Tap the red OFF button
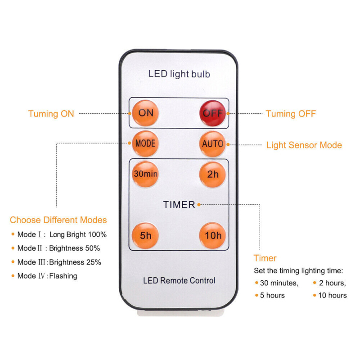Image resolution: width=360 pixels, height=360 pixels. pyautogui.click(x=212, y=112)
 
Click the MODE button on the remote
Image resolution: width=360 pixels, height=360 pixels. pyautogui.click(x=145, y=144)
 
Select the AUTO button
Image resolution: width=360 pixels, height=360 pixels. pyautogui.click(x=212, y=144)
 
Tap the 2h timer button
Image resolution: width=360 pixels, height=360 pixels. pyautogui.click(x=212, y=174)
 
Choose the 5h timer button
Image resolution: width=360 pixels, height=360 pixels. pyautogui.click(x=145, y=235)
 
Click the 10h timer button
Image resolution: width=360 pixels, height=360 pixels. pyautogui.click(x=212, y=235)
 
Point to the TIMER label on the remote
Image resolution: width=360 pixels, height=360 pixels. pyautogui.click(x=179, y=205)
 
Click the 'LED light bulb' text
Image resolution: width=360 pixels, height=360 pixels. pyautogui.click(x=179, y=74)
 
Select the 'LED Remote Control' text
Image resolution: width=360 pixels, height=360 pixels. pyautogui.click(x=179, y=280)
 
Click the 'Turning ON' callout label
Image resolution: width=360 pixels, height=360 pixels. pyautogui.click(x=51, y=114)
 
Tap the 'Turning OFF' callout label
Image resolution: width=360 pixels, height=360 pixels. pyautogui.click(x=291, y=114)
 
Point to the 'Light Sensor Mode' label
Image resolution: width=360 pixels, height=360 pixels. pyautogui.click(x=304, y=145)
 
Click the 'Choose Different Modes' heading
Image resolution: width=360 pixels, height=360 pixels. pyautogui.click(x=58, y=220)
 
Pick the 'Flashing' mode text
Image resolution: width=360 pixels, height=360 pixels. pyautogui.click(x=63, y=276)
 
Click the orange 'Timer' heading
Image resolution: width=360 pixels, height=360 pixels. pyautogui.click(x=265, y=258)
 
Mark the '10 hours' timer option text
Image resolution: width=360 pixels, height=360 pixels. pyautogui.click(x=333, y=296)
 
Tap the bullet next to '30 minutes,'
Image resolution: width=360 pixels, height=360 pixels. pyautogui.click(x=256, y=283)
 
